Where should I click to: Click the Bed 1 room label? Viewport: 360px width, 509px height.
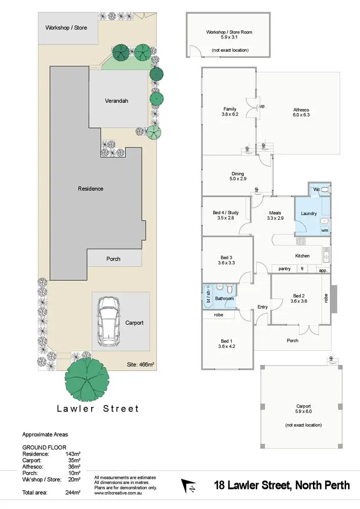click(x=227, y=343)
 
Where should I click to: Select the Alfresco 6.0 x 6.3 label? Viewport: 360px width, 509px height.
click(x=301, y=112)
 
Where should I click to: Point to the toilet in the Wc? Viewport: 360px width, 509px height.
click(x=324, y=190)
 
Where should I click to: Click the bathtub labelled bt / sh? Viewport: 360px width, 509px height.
click(x=208, y=298)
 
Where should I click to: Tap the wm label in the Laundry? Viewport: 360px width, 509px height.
click(x=324, y=230)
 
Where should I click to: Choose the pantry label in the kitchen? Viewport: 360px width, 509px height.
click(x=284, y=269)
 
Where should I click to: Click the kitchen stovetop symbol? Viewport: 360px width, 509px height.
click(x=301, y=240)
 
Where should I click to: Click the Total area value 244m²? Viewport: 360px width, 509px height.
click(x=72, y=492)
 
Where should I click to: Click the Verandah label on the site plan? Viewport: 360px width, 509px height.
click(x=117, y=101)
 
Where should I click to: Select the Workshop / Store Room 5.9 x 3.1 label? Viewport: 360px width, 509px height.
click(x=229, y=35)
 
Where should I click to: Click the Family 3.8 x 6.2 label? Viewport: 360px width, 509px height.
click(x=230, y=112)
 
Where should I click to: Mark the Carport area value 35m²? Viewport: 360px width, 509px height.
click(x=73, y=460)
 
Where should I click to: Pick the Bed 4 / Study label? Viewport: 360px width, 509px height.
click(x=225, y=215)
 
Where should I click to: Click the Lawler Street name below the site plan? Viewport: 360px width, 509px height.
click(x=97, y=409)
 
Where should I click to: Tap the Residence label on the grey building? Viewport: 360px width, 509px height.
click(x=90, y=189)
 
